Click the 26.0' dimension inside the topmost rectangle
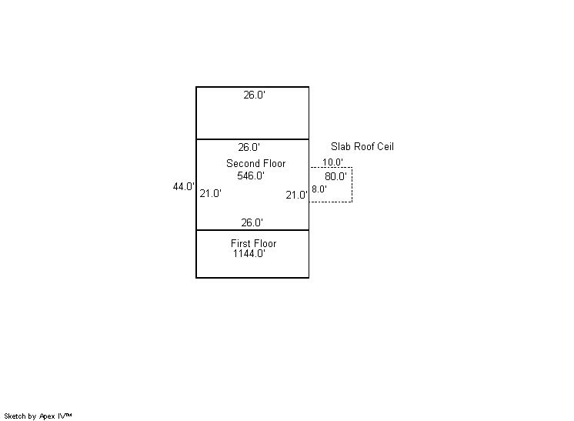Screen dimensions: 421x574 [x=254, y=95]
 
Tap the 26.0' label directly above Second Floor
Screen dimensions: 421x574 [x=249, y=147]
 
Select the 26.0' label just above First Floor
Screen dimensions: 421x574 [x=252, y=222]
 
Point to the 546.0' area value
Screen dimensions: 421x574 [x=251, y=175]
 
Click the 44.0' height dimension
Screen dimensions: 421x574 [x=183, y=186]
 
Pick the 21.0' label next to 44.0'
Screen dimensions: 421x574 [x=210, y=194]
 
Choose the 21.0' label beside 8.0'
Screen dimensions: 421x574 [x=296, y=195]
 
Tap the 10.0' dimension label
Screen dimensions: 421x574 [x=333, y=162]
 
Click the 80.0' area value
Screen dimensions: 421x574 [x=335, y=176]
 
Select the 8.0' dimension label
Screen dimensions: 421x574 [x=319, y=189]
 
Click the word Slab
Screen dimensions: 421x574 [x=341, y=146]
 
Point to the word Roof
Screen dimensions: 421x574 [x=365, y=146]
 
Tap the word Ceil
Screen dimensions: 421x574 [x=385, y=146]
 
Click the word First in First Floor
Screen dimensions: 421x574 [x=241, y=243]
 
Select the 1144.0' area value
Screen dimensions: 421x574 [x=249, y=253]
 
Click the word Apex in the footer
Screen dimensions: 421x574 [x=48, y=416]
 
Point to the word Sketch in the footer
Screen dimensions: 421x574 [x=16, y=416]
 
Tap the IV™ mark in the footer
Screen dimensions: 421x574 [x=65, y=416]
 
